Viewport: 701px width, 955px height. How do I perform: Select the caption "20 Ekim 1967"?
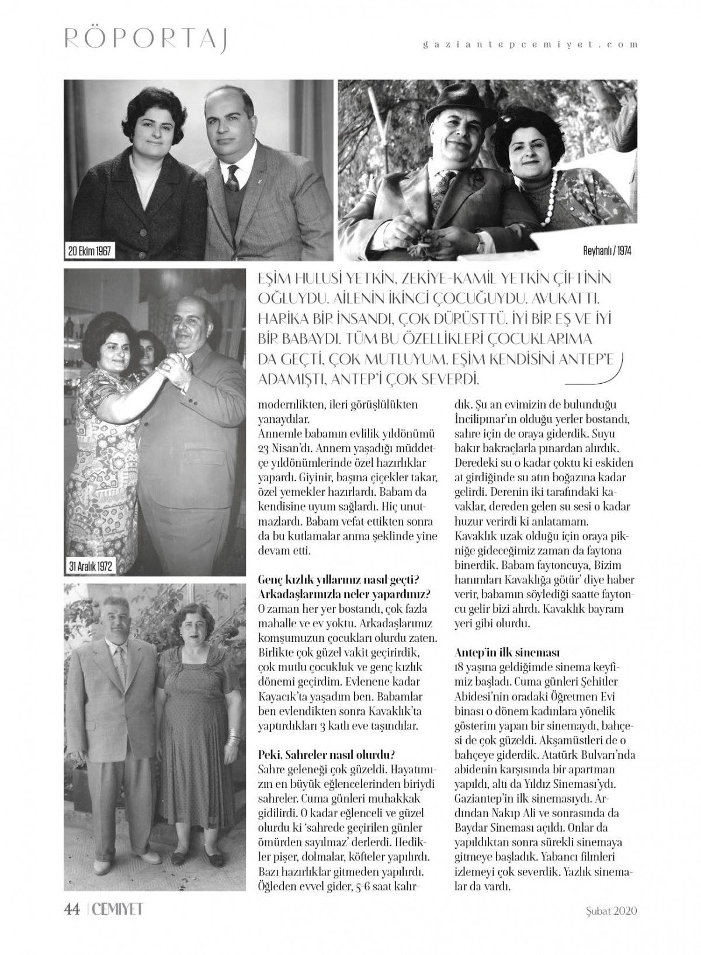tap(89, 252)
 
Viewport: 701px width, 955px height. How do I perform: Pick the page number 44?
tap(71, 909)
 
